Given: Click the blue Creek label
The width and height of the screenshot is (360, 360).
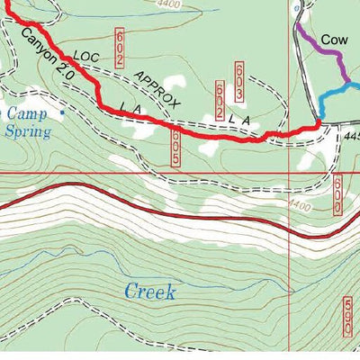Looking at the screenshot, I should [x=149, y=292].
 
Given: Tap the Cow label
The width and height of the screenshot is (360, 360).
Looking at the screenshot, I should [x=334, y=40].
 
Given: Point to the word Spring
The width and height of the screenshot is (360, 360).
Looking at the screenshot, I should [x=25, y=131].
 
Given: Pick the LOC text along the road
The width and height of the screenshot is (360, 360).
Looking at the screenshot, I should [x=83, y=61].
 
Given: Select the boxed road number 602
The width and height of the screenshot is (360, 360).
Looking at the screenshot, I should [x=119, y=46].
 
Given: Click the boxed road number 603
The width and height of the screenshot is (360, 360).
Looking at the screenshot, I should [x=239, y=80].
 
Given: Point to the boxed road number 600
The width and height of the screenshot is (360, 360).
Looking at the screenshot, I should [x=336, y=194].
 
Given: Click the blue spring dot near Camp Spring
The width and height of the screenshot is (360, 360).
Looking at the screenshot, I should [x=62, y=114].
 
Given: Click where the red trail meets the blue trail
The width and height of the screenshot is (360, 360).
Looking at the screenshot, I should [x=319, y=120].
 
